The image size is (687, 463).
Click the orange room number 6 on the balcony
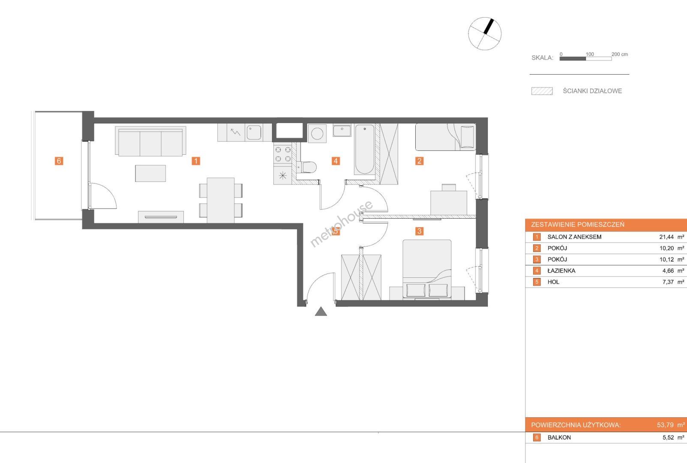pos(59,161)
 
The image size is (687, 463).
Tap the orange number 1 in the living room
pos(196,161)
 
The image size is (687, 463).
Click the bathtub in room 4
pos(364,150)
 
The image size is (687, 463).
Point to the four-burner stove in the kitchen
pos(283,154)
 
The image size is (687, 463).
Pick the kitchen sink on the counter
pos(254,132)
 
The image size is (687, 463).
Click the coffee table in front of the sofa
pos(150,173)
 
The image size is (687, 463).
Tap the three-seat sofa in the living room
pos(150,141)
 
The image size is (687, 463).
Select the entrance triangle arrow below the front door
pos(321,312)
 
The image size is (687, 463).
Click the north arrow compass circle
pos(485,33)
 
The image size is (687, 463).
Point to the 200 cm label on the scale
pos(620,54)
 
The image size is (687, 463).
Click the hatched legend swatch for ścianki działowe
pos(542,91)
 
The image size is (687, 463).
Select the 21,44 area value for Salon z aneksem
pos(666,237)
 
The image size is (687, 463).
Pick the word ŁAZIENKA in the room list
pos(561,271)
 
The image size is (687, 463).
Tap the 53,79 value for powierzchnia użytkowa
pos(665,425)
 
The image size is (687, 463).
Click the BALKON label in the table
pos(559,438)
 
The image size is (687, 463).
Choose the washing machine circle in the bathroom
pos(317,134)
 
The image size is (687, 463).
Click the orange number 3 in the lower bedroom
pos(419,231)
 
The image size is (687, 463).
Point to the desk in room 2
pos(449,203)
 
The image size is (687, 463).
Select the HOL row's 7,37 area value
pos(668,282)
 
